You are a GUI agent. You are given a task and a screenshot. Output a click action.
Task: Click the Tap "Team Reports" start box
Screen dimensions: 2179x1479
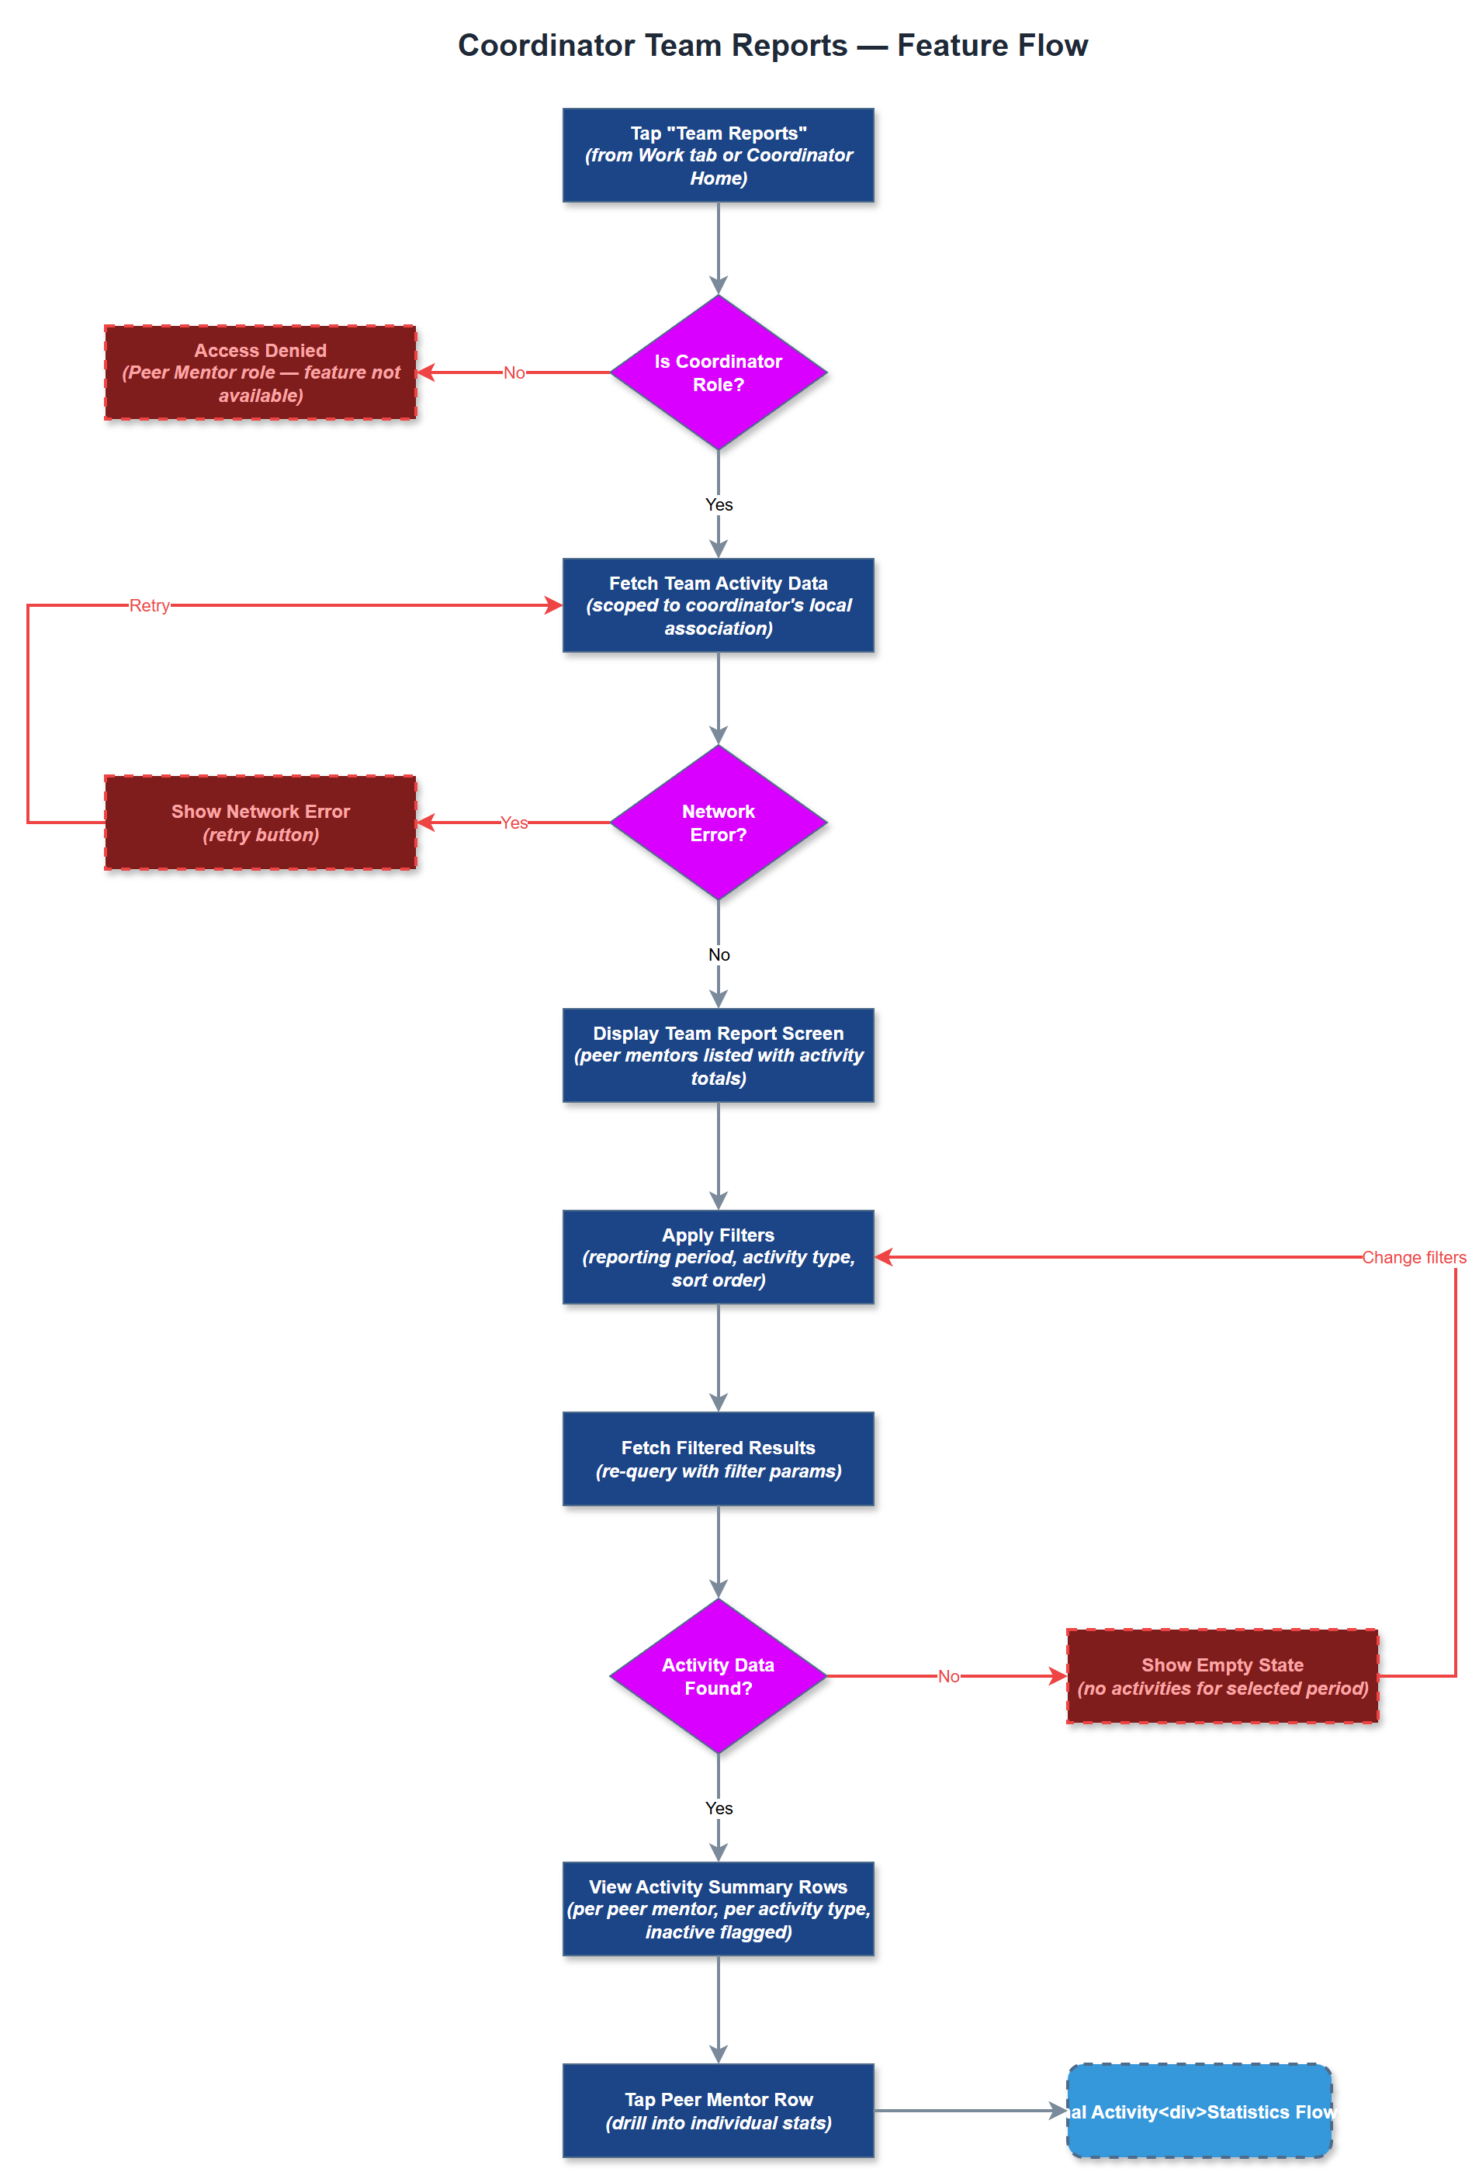point(718,156)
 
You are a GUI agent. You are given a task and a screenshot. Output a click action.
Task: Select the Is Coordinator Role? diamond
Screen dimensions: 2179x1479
point(718,372)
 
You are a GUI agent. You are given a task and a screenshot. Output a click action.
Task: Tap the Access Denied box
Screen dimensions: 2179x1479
point(260,372)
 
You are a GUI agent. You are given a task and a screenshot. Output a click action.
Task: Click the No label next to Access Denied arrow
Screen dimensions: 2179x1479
point(513,372)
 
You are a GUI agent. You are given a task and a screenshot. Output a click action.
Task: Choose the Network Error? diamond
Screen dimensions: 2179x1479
point(718,823)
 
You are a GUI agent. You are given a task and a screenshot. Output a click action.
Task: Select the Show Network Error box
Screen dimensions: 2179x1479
point(260,823)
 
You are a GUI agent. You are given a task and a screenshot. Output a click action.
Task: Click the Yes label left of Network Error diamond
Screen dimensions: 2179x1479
point(513,823)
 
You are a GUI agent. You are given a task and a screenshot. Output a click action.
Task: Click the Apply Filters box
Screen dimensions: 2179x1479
point(718,1256)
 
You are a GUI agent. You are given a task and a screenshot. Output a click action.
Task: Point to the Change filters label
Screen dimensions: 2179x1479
point(1412,1256)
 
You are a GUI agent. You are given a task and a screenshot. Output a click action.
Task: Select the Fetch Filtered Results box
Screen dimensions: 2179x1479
point(718,1458)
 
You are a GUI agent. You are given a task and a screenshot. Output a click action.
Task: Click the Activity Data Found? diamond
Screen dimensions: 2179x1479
point(718,1675)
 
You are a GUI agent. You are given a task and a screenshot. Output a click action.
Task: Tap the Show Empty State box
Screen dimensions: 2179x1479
point(1221,1675)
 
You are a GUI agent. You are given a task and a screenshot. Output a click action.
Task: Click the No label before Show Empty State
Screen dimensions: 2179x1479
point(947,1675)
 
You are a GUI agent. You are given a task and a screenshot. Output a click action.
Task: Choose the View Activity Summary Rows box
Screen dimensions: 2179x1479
point(718,1908)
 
